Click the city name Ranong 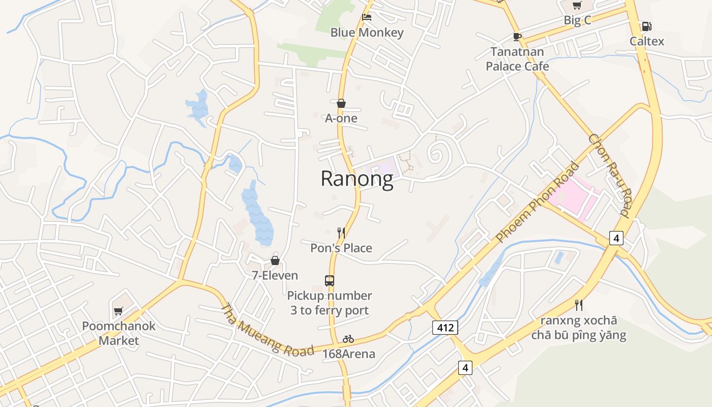click(357, 179)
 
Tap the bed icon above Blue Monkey click(367, 17)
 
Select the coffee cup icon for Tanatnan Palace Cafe click(517, 37)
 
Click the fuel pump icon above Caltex click(646, 26)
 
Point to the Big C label click(577, 20)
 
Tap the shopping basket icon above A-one click(341, 103)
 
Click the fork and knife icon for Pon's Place click(341, 233)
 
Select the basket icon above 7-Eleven click(275, 260)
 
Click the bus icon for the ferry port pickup click(330, 280)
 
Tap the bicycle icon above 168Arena click(348, 339)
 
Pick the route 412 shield click(445, 328)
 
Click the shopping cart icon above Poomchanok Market click(118, 310)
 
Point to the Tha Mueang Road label click(267, 331)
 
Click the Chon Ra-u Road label click(609, 175)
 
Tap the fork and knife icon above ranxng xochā click(579, 305)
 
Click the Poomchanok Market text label click(118, 333)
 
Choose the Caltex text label click(647, 41)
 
